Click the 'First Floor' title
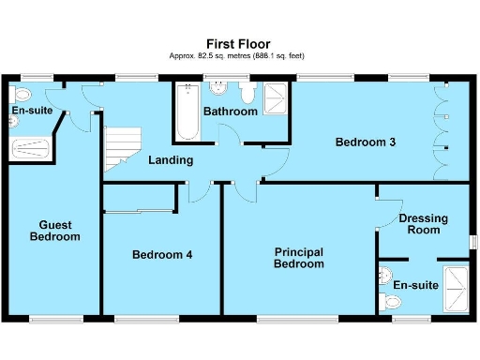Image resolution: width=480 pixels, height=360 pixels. (239, 43)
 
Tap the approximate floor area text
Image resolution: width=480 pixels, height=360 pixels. (239, 56)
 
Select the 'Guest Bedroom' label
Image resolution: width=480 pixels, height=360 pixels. (54, 231)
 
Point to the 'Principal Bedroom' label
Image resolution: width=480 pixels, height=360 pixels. (299, 258)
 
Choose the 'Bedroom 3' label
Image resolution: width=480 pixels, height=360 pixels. (366, 142)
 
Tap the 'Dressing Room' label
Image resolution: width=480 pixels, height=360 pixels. (423, 225)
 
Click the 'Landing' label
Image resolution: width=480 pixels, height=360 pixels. (171, 160)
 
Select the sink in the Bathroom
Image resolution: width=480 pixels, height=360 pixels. (218, 90)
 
